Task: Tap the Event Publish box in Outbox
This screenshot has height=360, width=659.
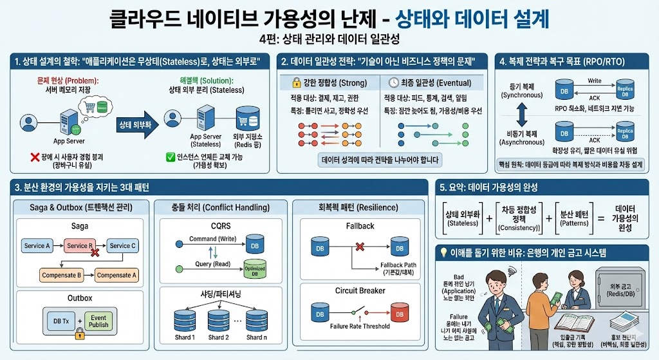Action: point(98,321)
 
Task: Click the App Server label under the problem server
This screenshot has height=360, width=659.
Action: point(69,140)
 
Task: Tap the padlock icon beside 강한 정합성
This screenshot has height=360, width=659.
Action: point(297,83)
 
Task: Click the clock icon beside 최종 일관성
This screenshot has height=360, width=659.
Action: point(394,83)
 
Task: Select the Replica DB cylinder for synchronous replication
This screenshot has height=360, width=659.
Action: point(624,89)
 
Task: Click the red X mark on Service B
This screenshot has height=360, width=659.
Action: point(95,252)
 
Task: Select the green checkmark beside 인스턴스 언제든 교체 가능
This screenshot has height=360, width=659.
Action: point(171,156)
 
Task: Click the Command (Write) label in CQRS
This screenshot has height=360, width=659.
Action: point(212,239)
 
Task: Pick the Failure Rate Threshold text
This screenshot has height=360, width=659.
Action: point(359,326)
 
